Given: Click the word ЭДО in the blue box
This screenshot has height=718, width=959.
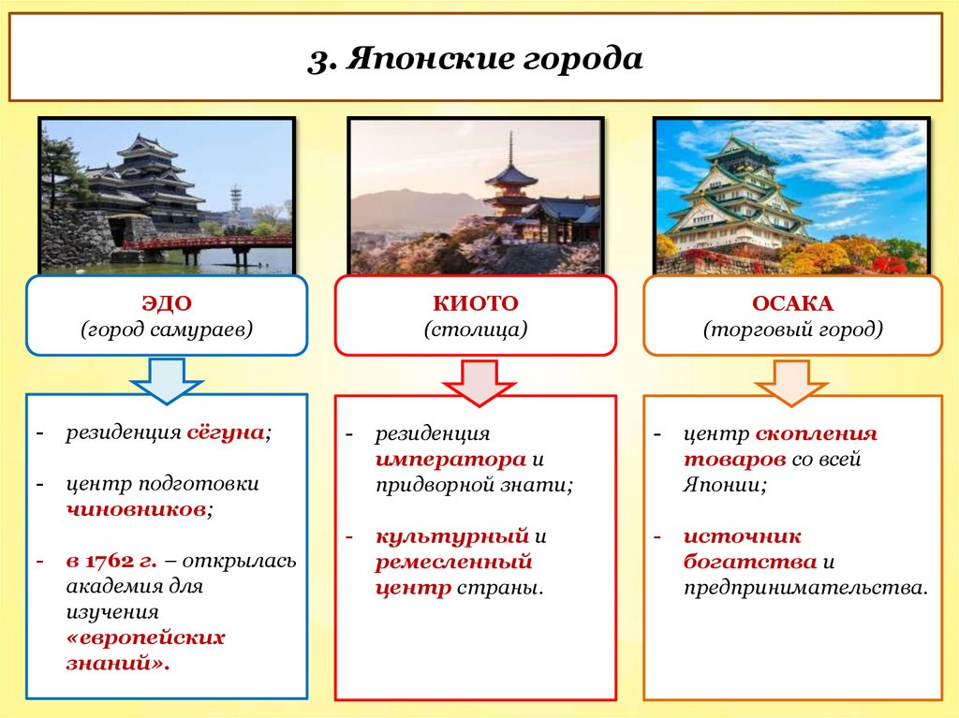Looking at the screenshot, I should (x=166, y=303).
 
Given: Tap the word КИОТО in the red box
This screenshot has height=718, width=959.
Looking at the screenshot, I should (x=475, y=303).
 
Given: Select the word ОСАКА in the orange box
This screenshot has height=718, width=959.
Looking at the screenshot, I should (x=792, y=303).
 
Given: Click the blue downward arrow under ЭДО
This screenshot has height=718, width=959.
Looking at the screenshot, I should (x=166, y=380).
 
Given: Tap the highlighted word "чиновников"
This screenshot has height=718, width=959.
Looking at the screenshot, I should (x=136, y=510).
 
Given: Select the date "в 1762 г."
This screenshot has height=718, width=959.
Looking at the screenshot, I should (x=111, y=561).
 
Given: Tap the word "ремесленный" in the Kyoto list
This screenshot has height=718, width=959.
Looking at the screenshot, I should (x=453, y=562).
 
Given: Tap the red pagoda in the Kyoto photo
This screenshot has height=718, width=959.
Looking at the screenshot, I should (x=511, y=187).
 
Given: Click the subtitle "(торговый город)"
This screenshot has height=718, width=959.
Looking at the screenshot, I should (x=792, y=330).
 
